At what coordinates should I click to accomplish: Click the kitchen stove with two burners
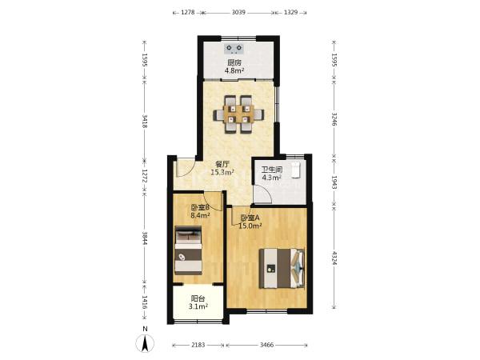234,49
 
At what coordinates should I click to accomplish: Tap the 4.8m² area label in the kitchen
234,71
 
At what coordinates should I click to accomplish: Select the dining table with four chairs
238,114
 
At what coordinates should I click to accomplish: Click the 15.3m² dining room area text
222,173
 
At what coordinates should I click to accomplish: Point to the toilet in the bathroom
296,170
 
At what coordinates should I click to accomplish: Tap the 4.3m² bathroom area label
271,178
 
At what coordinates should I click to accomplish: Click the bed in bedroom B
188,250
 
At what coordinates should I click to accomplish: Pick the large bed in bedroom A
282,268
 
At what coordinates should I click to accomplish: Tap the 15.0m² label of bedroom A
250,226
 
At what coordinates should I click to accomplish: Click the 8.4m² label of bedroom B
200,215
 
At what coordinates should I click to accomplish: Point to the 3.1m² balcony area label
198,306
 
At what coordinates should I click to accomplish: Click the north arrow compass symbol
145,342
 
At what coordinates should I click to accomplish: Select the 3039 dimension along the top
238,12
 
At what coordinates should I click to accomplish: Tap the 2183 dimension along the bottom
198,345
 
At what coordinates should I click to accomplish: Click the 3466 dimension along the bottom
266,345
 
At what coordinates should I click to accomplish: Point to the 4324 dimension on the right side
334,258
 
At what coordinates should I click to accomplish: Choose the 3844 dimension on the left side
145,238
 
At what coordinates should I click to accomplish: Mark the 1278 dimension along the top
188,12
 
